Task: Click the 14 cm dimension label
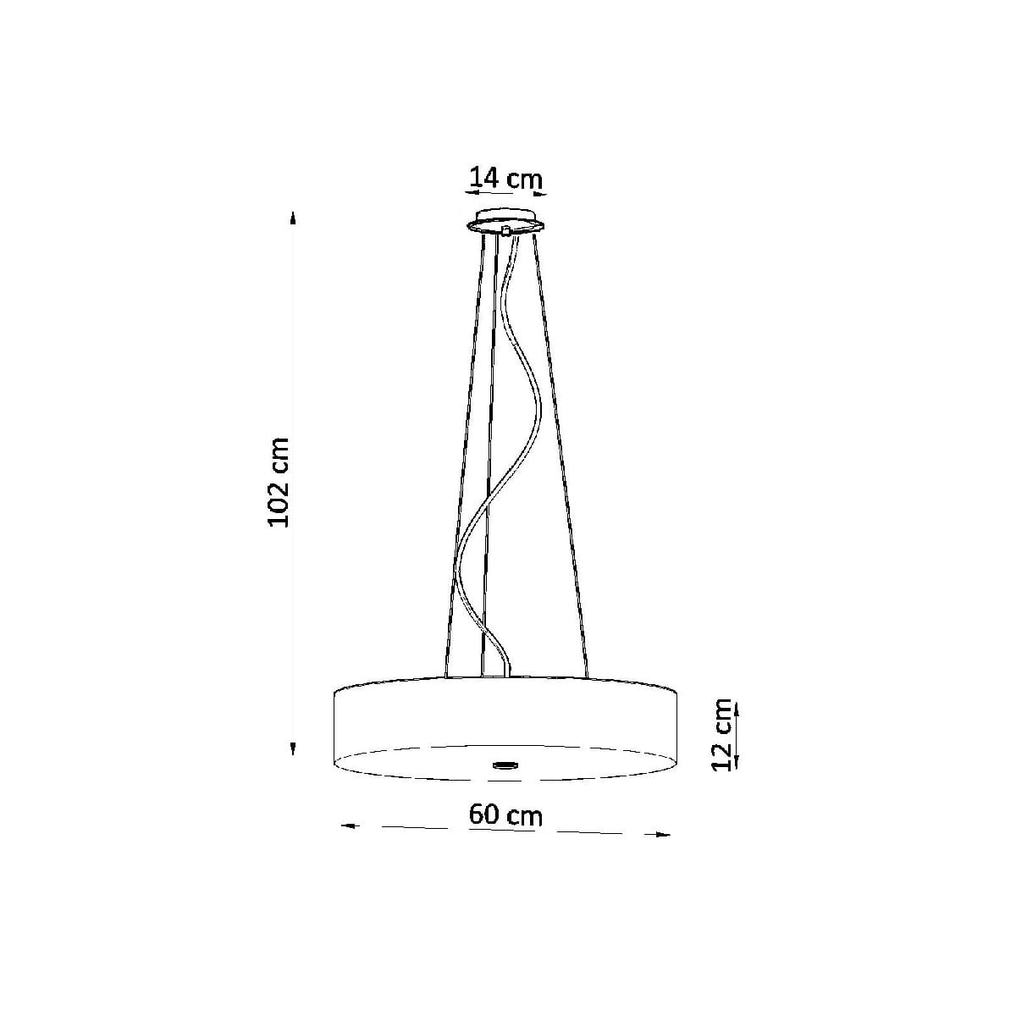coord(505,178)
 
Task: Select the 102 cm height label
coord(279,482)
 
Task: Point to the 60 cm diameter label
coord(505,814)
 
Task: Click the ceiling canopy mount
coord(505,223)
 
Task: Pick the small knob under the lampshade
coord(505,763)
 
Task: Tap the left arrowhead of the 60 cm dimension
coord(347,825)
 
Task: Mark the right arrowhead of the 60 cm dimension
coord(662,835)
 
